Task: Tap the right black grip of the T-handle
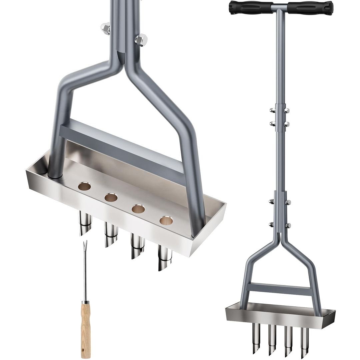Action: (x=311, y=7)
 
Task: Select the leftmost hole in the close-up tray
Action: (x=85, y=185)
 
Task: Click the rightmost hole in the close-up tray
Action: (x=166, y=220)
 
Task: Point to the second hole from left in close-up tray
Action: (x=111, y=197)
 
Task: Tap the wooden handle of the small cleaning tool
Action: (x=86, y=328)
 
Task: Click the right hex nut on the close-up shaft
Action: (x=141, y=40)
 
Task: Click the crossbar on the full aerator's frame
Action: (x=280, y=288)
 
